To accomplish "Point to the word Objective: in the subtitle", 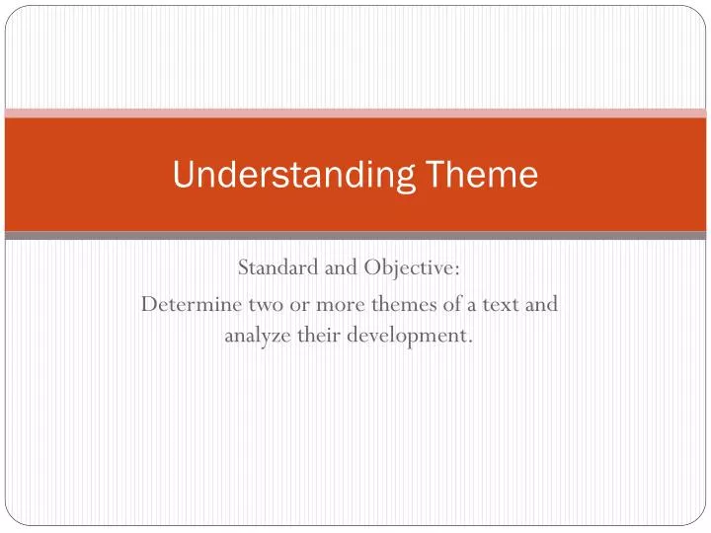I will (413, 269).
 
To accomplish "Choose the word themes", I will (391, 304).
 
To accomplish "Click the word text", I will (507, 304).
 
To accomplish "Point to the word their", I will (319, 336).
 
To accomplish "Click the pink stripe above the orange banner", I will (355, 113).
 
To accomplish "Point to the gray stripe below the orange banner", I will (355, 236).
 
